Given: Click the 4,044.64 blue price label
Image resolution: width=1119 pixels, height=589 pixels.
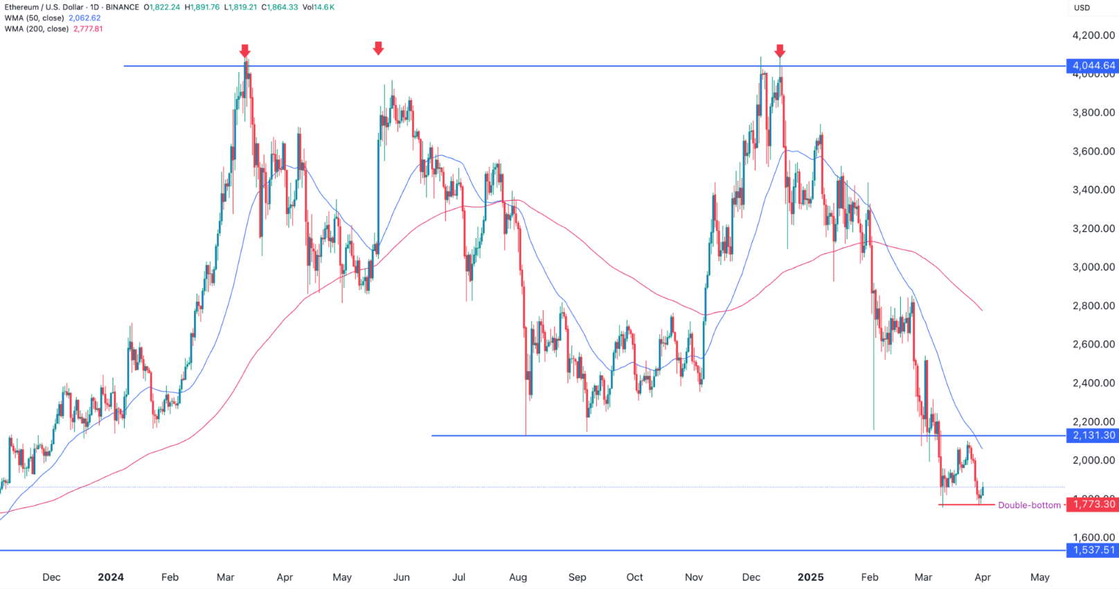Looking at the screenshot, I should (1093, 66).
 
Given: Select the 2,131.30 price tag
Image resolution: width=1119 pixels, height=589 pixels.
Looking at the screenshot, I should (1093, 435).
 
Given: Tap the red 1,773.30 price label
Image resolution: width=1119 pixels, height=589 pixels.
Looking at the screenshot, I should (1093, 505).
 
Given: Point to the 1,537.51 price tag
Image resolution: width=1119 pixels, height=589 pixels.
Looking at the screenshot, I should (1093, 550).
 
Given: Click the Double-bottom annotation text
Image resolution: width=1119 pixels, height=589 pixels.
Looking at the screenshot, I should (1029, 505).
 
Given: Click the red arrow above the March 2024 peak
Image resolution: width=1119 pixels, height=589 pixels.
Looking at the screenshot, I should (245, 51).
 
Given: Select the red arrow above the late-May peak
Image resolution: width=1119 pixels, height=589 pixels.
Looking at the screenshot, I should (378, 48).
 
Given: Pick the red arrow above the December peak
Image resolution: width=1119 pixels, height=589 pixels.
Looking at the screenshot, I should (780, 51).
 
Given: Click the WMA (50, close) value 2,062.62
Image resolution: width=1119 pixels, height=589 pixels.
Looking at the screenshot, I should (84, 18).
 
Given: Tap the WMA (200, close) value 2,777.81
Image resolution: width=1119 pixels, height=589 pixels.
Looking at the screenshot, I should (88, 29).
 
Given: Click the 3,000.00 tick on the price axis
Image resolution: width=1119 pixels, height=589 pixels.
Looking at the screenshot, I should (1093, 267).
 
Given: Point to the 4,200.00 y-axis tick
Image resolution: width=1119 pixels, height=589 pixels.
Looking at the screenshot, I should (1093, 35).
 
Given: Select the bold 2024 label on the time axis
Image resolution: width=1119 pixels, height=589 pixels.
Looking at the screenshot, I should (111, 577).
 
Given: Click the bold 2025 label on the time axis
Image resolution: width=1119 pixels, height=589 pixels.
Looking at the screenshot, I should (810, 577).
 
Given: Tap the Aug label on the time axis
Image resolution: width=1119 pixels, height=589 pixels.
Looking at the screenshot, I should (518, 577).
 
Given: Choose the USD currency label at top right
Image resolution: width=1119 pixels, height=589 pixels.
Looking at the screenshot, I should (1082, 8).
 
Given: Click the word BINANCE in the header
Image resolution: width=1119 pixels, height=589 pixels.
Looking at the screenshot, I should (123, 7).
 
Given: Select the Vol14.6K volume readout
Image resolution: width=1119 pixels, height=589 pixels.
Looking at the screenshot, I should (319, 7).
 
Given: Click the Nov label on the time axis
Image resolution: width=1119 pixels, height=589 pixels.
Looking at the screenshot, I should (694, 577).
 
